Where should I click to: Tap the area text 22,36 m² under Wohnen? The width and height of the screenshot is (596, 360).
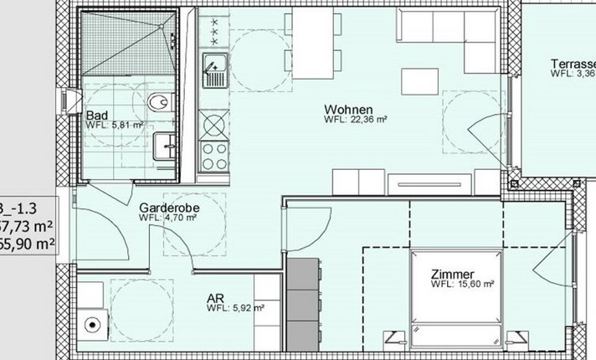pyautogui.click(x=357, y=120)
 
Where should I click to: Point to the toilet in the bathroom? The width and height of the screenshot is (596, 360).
pyautogui.click(x=156, y=103)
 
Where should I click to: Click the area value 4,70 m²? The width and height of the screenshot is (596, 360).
pyautogui.click(x=168, y=218)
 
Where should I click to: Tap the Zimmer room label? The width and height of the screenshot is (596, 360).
pyautogui.click(x=452, y=274)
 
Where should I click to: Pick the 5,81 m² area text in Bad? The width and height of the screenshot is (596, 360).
pyautogui.click(x=115, y=126)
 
